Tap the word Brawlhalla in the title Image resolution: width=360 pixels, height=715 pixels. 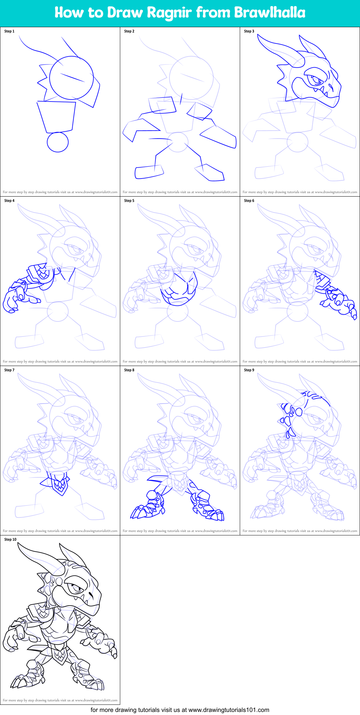coord(269,13)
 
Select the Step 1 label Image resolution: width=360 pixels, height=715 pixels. coord(9,31)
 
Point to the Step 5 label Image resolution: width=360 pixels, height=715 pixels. coord(129,201)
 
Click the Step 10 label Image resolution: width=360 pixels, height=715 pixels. coord(10,539)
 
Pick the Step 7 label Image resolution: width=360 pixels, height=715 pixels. coord(9,370)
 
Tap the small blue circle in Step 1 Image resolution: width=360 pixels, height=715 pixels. coord(58,142)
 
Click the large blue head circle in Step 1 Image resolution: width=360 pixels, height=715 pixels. coord(71,78)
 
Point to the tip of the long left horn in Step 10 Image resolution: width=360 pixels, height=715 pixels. coord(19,544)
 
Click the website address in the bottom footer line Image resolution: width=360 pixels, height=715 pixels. coord(229,710)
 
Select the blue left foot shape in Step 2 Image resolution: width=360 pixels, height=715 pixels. coord(148,172)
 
